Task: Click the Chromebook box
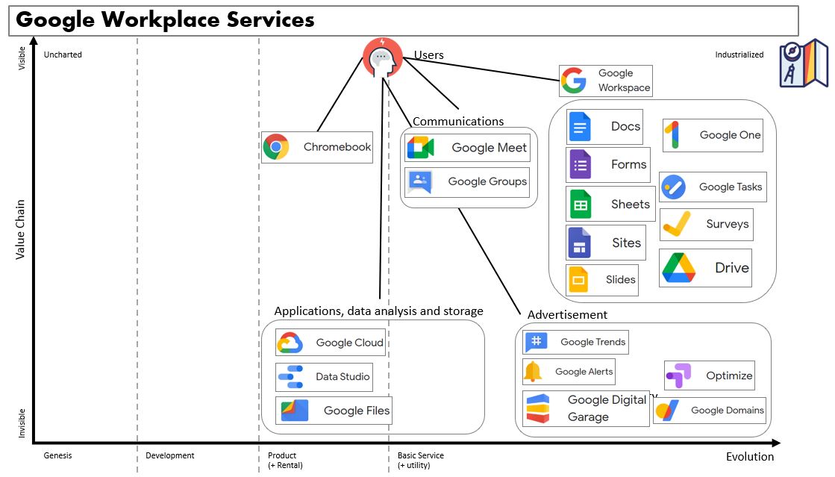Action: (x=317, y=147)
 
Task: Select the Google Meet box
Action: (x=468, y=148)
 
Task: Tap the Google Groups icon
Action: (x=419, y=182)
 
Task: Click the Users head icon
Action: (x=382, y=57)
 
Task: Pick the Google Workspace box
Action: (x=605, y=81)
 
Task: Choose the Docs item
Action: (x=605, y=126)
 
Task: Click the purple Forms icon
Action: (x=580, y=164)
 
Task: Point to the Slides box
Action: (x=602, y=280)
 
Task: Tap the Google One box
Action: (x=713, y=135)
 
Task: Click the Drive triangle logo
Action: (x=678, y=268)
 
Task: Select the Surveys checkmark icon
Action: (x=676, y=224)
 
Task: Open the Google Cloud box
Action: (x=331, y=343)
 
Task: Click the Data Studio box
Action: (x=324, y=377)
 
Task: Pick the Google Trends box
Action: (x=575, y=342)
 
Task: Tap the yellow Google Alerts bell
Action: (x=533, y=372)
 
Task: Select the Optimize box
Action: (x=710, y=375)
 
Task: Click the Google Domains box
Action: (x=710, y=410)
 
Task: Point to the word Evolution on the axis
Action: (x=749, y=457)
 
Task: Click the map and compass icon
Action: (x=803, y=63)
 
